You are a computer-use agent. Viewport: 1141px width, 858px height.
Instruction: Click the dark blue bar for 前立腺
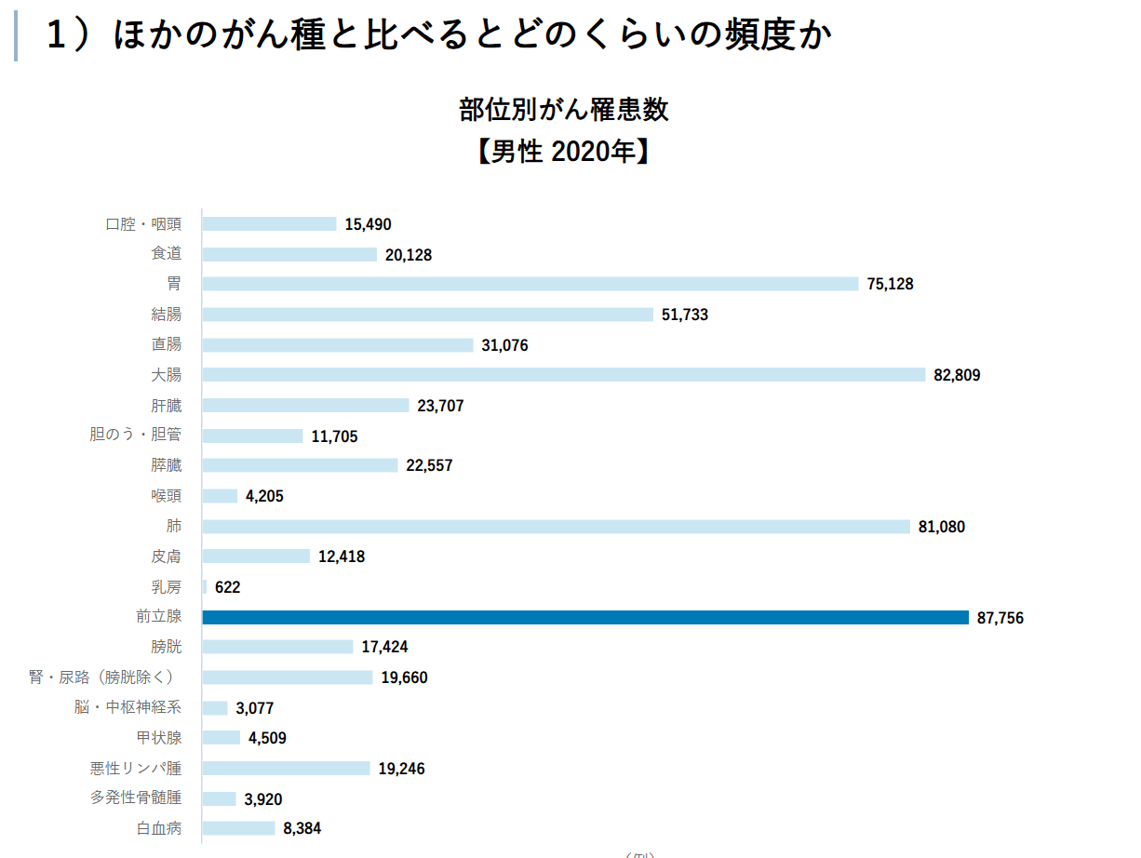(x=585, y=617)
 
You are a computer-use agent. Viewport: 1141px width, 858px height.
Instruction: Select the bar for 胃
(x=530, y=284)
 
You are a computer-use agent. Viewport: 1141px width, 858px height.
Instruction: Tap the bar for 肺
(x=556, y=527)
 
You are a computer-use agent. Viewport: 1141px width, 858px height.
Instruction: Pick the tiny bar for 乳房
(x=205, y=587)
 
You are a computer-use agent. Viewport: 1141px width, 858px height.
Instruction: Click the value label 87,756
(x=1000, y=618)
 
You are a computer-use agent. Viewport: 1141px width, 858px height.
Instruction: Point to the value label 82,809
(x=957, y=375)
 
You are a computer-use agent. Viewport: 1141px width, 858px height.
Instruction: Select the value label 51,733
(x=685, y=315)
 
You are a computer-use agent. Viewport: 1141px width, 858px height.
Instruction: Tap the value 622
(x=227, y=587)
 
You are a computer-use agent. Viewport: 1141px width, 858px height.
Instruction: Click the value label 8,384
(x=302, y=828)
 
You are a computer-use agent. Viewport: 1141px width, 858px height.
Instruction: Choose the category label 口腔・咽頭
(x=143, y=223)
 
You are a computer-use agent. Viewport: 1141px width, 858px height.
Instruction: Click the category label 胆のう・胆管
(x=136, y=435)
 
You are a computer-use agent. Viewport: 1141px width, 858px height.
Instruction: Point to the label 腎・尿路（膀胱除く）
(x=101, y=677)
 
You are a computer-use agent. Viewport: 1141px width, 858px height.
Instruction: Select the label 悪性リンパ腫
(x=136, y=768)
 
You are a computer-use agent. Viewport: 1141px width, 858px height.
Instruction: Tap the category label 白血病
(x=159, y=827)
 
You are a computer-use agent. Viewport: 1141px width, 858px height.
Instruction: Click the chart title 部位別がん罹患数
(x=563, y=110)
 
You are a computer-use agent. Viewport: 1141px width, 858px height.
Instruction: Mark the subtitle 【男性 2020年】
(x=563, y=152)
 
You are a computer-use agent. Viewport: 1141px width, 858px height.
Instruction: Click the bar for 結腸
(x=427, y=315)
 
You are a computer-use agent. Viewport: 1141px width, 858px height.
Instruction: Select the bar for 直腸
(x=338, y=345)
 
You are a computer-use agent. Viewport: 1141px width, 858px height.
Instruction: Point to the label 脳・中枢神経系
(x=128, y=707)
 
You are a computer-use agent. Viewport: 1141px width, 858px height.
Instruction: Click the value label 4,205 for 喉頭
(x=264, y=496)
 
